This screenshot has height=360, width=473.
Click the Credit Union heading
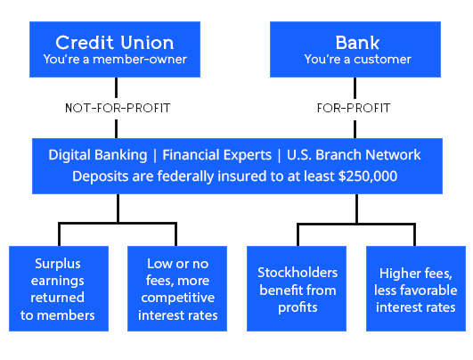[115, 42]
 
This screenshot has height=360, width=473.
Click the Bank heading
[357, 42]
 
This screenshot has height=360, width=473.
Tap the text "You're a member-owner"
[115, 60]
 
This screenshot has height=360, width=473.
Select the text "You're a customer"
[357, 60]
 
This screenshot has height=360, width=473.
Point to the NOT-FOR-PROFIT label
[118, 109]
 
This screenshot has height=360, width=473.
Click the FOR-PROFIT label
[354, 109]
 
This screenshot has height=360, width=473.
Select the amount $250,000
[367, 176]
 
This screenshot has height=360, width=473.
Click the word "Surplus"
[58, 264]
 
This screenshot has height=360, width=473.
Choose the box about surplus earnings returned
[58, 289]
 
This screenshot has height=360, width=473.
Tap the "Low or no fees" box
[178, 289]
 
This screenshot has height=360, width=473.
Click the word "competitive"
[178, 298]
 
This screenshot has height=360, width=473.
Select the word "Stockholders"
[297, 273]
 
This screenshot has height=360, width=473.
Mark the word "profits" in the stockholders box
[297, 307]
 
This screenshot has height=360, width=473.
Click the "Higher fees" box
[416, 289]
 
